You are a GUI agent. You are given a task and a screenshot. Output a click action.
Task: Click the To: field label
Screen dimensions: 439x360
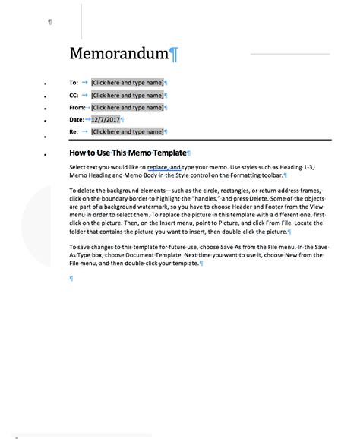point(74,82)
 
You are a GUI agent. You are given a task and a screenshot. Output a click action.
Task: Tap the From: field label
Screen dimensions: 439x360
point(77,107)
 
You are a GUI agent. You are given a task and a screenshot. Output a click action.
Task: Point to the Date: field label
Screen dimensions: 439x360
point(76,119)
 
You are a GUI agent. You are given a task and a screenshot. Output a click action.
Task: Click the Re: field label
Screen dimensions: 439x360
point(74,132)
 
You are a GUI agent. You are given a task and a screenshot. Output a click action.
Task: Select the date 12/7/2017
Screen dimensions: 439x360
point(105,119)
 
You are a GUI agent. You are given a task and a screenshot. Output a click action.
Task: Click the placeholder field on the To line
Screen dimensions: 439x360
point(127,82)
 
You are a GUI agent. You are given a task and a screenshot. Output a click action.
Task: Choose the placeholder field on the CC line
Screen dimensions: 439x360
point(127,95)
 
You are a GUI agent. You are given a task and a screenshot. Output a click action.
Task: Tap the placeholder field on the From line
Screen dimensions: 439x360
point(127,107)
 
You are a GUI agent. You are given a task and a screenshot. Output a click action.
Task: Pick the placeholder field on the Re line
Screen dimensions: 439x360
point(127,132)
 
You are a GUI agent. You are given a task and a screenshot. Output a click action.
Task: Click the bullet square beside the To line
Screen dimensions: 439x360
point(47,83)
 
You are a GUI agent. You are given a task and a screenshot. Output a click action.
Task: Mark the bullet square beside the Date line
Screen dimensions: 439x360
point(47,121)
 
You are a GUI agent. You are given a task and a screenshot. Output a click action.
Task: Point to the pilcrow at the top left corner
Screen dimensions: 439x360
point(50,22)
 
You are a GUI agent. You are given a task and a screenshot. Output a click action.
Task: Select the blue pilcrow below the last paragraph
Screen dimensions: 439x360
point(71,279)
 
